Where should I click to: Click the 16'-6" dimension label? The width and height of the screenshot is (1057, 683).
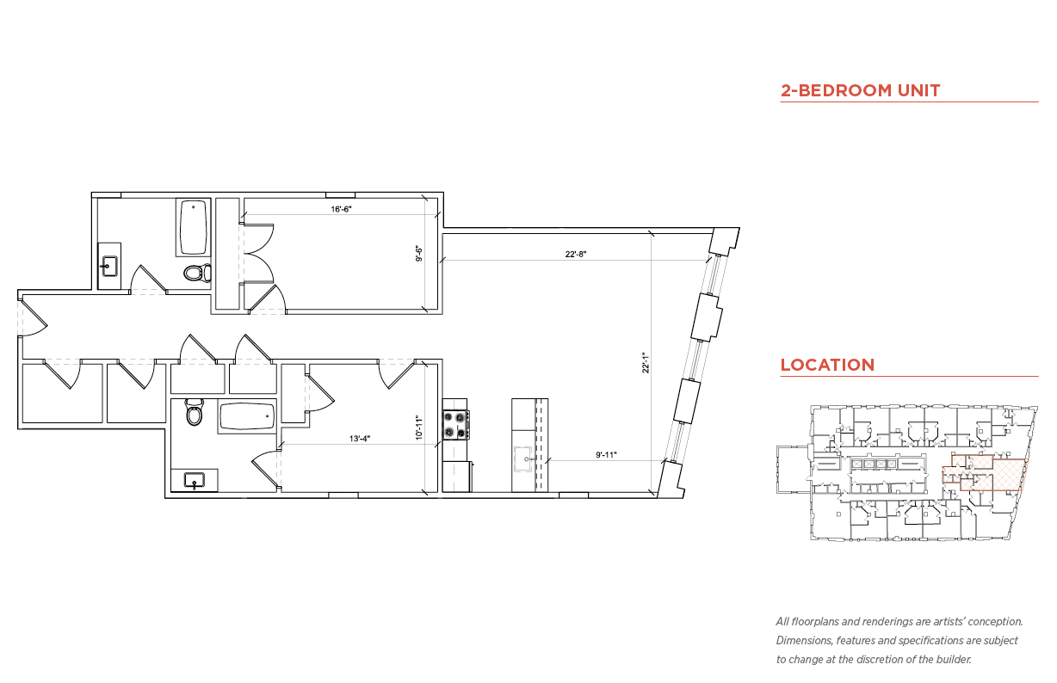[x=341, y=209]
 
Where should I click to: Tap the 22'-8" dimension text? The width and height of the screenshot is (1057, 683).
[x=576, y=255]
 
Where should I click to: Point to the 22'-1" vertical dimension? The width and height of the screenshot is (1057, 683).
[x=646, y=363]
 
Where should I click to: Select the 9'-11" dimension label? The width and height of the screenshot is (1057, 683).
[x=606, y=455]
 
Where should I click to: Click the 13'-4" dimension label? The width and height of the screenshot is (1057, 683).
[x=360, y=439]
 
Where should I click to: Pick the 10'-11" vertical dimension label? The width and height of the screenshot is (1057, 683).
[x=418, y=428]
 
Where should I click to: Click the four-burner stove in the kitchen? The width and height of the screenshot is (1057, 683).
[x=455, y=425]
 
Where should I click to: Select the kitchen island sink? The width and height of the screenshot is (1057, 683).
[x=523, y=458]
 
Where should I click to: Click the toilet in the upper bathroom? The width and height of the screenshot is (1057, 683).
[x=197, y=273]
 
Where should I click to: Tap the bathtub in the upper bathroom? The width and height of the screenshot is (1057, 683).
[x=193, y=227]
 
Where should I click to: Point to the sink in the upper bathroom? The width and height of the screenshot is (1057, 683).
[x=109, y=266]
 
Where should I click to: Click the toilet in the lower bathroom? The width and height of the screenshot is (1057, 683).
[x=194, y=412]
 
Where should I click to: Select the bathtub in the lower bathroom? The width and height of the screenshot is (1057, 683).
[x=247, y=416]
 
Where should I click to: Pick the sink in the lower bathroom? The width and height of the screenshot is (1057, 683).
[x=195, y=481]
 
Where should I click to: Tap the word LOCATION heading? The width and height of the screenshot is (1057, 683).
[x=827, y=365]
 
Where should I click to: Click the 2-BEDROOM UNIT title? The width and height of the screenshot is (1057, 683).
[x=860, y=90]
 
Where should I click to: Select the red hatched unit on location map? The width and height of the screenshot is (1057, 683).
[x=986, y=474]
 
